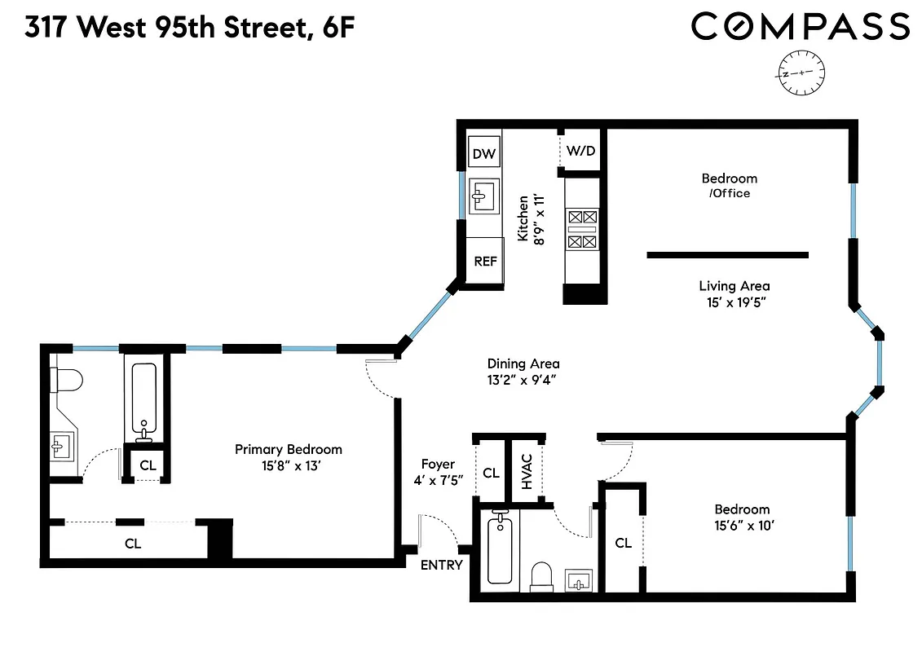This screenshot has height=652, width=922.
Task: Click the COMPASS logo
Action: [x=800, y=27]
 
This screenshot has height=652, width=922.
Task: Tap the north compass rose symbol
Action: [x=802, y=73]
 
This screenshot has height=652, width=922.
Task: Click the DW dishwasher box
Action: [x=484, y=153]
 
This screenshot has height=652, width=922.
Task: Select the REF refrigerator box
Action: [x=485, y=262]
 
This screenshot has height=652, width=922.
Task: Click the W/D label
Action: [x=580, y=151]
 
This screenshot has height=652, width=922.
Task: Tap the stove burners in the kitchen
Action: [x=582, y=229]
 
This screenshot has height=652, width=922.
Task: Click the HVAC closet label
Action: [x=527, y=471]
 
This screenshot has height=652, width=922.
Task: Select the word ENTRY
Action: [x=441, y=565]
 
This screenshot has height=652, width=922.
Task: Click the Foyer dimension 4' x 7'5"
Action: [x=438, y=481]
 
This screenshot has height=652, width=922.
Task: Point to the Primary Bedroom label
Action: [x=289, y=449]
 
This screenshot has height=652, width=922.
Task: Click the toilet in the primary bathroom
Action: [x=65, y=381]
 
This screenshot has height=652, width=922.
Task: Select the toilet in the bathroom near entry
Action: [x=541, y=576]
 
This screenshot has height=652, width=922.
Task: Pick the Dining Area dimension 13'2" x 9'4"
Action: [x=523, y=380]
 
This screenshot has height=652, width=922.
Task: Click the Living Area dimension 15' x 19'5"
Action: [x=734, y=302]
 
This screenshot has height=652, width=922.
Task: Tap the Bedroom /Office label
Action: [x=729, y=185]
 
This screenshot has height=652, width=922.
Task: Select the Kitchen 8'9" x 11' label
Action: [x=529, y=217]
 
